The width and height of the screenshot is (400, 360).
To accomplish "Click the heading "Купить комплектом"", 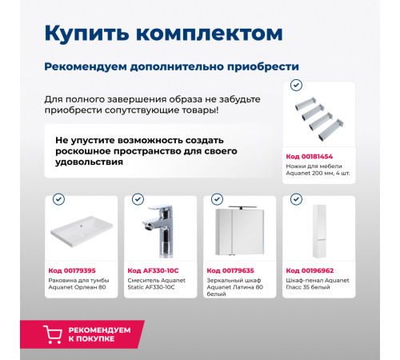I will pyautogui.click(x=163, y=34).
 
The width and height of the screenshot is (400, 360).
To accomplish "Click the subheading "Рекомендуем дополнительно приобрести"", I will pyautogui.click(x=172, y=66).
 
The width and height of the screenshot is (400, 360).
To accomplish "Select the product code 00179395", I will pyautogui.click(x=74, y=270).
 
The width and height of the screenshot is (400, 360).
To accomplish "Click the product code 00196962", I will pyautogui.click(x=313, y=270).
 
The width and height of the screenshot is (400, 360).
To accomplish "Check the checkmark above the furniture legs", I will pyautogui.click(x=296, y=84).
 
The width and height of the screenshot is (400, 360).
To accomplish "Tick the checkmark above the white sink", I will pyautogui.click(x=58, y=199).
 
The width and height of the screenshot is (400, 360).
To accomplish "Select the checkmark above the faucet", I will pyautogui.click(x=138, y=199).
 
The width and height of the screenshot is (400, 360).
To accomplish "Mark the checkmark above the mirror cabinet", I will pyautogui.click(x=217, y=199).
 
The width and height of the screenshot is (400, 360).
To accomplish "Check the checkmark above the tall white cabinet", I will pyautogui.click(x=296, y=199).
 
